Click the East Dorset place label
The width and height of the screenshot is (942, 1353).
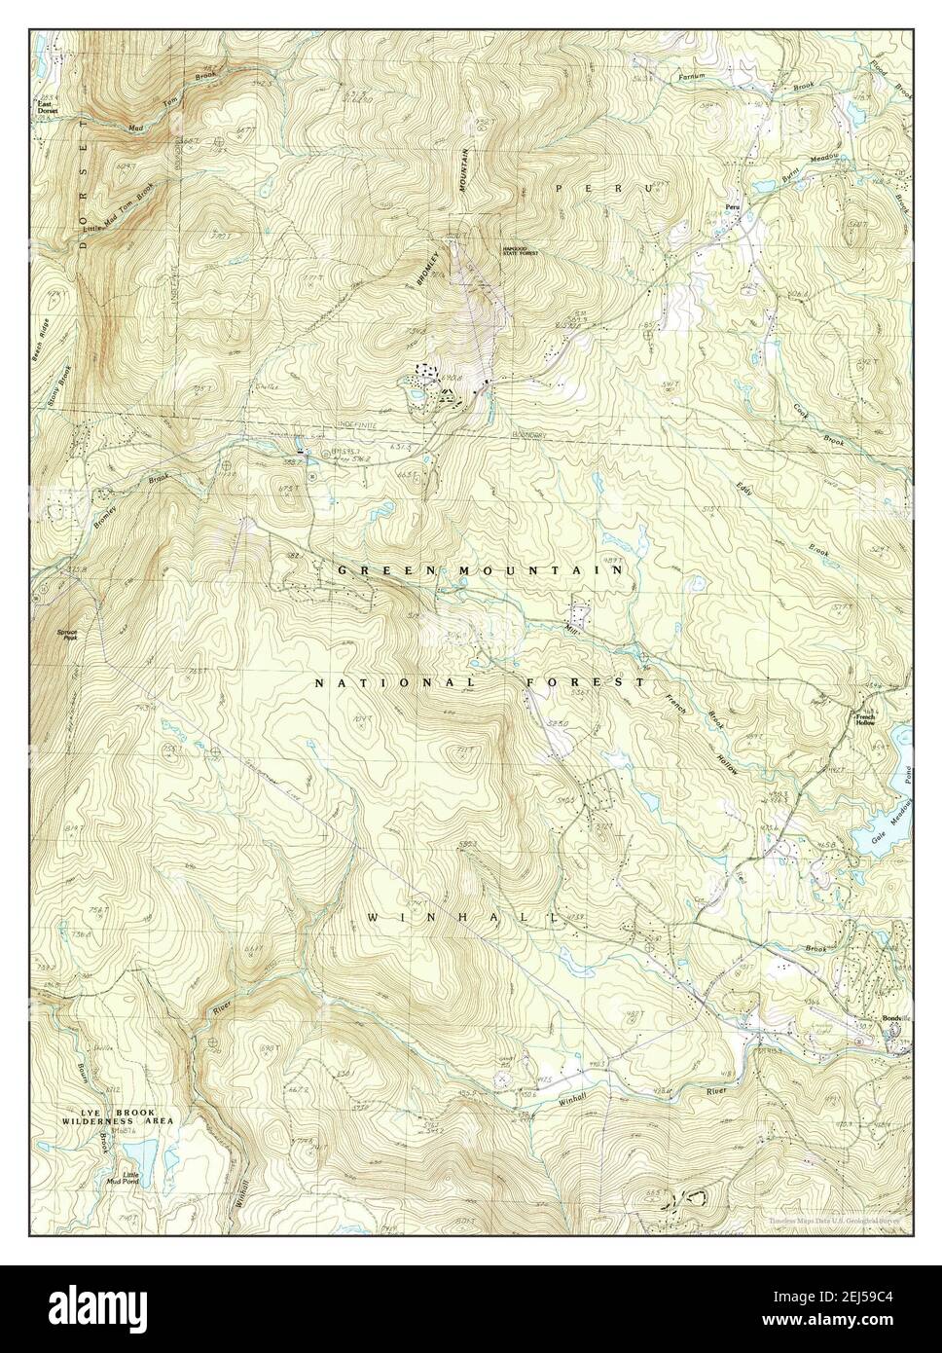pyautogui.click(x=46, y=106)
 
